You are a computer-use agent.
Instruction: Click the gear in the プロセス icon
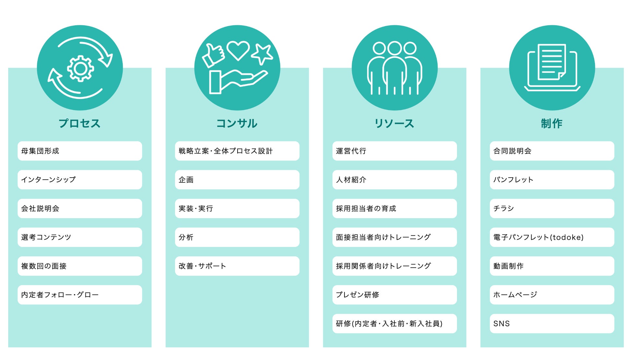tap(80, 68)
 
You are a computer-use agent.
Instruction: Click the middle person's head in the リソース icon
tap(394, 48)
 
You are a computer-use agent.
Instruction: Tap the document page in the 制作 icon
tap(552, 62)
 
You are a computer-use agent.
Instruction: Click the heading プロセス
tap(80, 123)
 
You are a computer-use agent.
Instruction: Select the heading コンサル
tap(237, 123)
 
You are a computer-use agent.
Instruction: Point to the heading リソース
tap(394, 123)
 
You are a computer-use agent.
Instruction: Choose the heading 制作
tap(552, 123)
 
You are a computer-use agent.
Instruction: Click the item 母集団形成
tap(80, 151)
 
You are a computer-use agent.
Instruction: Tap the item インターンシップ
tap(80, 180)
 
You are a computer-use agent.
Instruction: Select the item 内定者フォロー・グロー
tap(80, 295)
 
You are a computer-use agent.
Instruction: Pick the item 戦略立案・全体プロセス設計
tap(237, 151)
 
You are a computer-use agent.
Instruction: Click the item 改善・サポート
tap(237, 266)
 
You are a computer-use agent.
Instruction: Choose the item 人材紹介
tap(394, 180)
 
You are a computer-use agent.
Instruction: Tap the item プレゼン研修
tap(394, 295)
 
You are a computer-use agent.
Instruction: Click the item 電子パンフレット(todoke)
tap(552, 237)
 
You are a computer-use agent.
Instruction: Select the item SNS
tap(552, 324)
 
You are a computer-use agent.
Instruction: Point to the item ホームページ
tap(552, 295)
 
